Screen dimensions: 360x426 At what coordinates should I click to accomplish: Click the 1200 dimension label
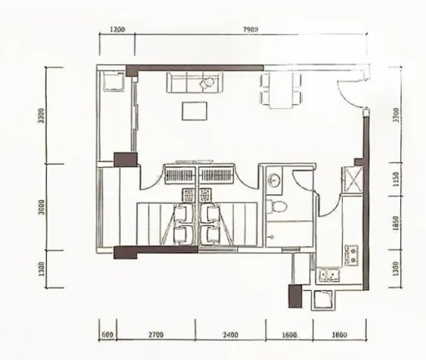coord(116,29)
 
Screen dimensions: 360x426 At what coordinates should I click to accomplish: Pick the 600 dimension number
coord(107,335)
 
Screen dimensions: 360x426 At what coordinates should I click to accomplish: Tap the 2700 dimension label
coord(156,335)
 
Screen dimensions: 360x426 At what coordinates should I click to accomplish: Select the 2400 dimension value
coord(230,335)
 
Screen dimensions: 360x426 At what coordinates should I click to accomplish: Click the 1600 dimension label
coord(288,335)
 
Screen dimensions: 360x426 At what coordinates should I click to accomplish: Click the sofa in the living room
coord(194,83)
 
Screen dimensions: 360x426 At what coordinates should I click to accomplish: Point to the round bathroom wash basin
coord(275,176)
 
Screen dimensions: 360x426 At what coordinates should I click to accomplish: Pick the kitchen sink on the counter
coord(329,274)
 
